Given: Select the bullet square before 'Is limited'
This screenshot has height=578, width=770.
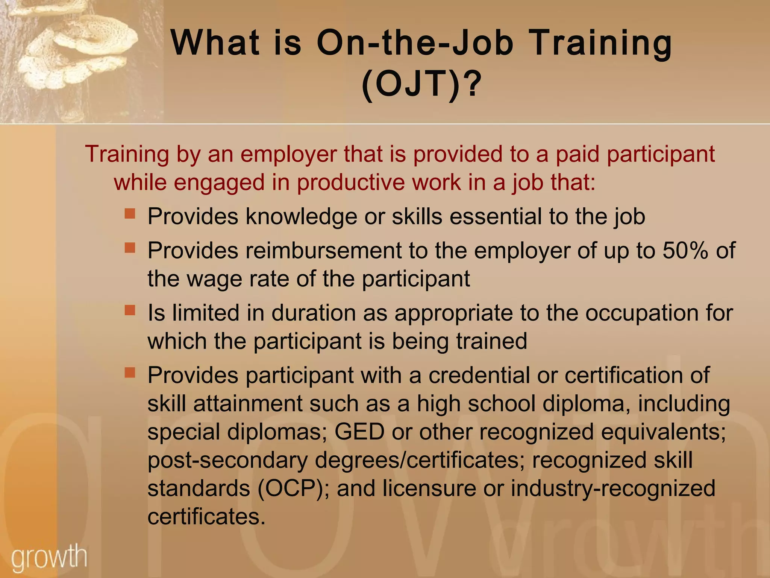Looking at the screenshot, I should (130, 310).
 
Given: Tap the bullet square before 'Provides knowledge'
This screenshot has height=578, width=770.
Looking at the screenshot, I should (130, 214).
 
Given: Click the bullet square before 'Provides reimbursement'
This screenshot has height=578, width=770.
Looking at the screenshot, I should (130, 248).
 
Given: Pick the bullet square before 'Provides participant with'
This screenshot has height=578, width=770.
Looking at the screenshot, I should (130, 373).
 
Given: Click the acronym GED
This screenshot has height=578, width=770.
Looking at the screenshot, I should (359, 432).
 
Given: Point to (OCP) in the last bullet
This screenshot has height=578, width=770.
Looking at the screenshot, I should (290, 488).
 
